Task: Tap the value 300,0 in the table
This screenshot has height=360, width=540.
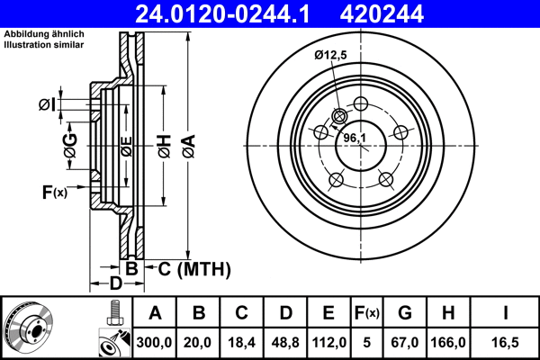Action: [x=155, y=343]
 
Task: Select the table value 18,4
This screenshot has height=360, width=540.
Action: [x=241, y=343]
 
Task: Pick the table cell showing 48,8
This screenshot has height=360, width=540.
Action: [x=284, y=343]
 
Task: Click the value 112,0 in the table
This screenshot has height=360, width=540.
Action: [x=328, y=343]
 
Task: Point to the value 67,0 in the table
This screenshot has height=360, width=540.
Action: [x=405, y=343]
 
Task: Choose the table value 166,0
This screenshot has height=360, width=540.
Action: [x=450, y=343]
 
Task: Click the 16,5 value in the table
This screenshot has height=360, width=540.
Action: [x=507, y=343]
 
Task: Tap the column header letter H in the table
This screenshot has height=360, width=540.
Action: [x=450, y=313]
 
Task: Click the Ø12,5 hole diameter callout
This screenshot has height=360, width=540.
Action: [x=331, y=55]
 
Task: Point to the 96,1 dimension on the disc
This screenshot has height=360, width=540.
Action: [x=355, y=138]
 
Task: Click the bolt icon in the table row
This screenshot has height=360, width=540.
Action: [x=113, y=312]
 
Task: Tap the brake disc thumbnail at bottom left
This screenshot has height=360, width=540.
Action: [x=29, y=327]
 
